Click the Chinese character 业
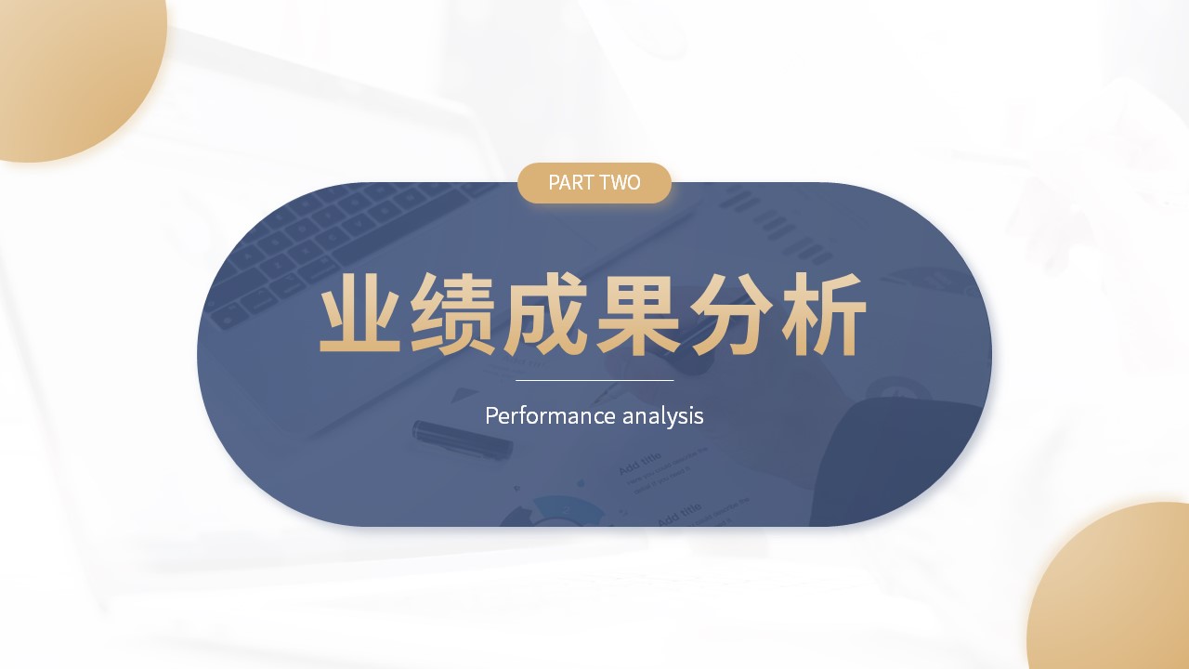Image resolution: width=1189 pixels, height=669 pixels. click(x=359, y=313)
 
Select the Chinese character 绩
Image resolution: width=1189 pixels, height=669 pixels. click(x=452, y=313)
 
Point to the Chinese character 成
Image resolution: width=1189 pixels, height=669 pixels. click(x=545, y=313)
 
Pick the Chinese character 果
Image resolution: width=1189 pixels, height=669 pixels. click(x=638, y=313)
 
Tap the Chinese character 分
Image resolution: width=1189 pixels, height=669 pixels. click(x=731, y=313)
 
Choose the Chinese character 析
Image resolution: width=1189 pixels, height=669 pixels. click(x=824, y=313)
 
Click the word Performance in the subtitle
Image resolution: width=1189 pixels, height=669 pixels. click(x=551, y=415)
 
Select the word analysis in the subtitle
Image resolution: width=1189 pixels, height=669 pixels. click(x=663, y=416)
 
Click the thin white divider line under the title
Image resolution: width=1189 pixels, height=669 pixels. click(x=594, y=380)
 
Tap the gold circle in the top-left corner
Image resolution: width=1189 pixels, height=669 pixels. click(x=80, y=74)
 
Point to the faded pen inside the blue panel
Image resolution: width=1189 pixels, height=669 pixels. click(x=463, y=439)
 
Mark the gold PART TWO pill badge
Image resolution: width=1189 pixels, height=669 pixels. click(x=594, y=183)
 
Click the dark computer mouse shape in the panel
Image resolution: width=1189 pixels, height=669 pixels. click(x=892, y=462)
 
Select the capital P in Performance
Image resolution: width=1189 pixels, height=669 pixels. click(x=491, y=415)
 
